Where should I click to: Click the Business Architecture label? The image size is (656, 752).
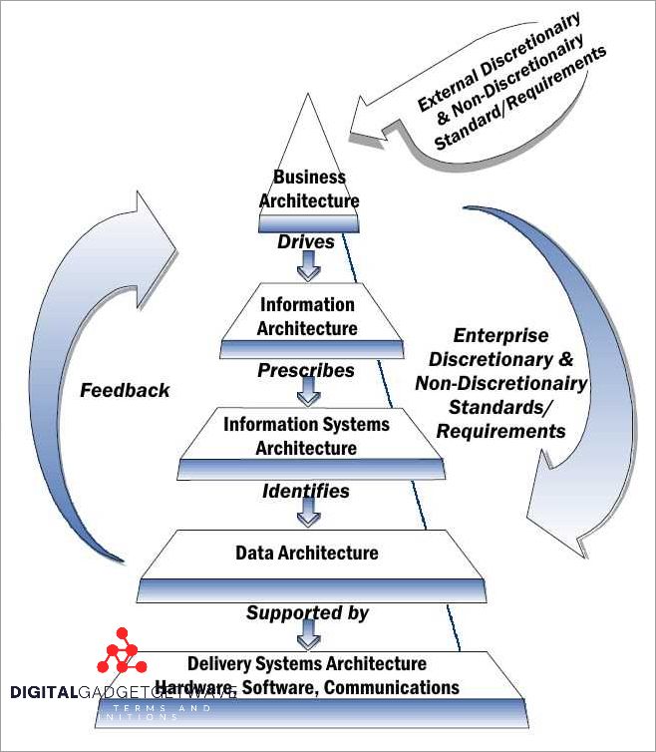pyautogui.click(x=309, y=188)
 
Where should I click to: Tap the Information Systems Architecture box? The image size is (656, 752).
pyautogui.click(x=306, y=436)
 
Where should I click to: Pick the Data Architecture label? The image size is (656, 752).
pyautogui.click(x=307, y=553)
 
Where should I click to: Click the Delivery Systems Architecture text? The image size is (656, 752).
pyautogui.click(x=307, y=663)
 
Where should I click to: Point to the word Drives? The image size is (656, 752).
pyautogui.click(x=305, y=241)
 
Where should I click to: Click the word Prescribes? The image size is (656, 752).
pyautogui.click(x=306, y=370)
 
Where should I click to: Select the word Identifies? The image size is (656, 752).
pyautogui.click(x=306, y=491)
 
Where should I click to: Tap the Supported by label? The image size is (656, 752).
pyautogui.click(x=307, y=612)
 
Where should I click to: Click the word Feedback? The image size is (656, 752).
pyautogui.click(x=126, y=390)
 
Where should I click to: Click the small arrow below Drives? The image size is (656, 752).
pyautogui.click(x=308, y=266)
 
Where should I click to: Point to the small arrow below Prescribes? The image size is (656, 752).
pyautogui.click(x=308, y=394)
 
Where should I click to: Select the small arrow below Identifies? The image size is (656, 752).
pyautogui.click(x=308, y=515)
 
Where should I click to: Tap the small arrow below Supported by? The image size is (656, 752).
pyautogui.click(x=308, y=635)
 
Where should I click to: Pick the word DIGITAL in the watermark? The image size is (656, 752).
pyautogui.click(x=44, y=693)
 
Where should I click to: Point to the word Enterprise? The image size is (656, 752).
pyautogui.click(x=500, y=336)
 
